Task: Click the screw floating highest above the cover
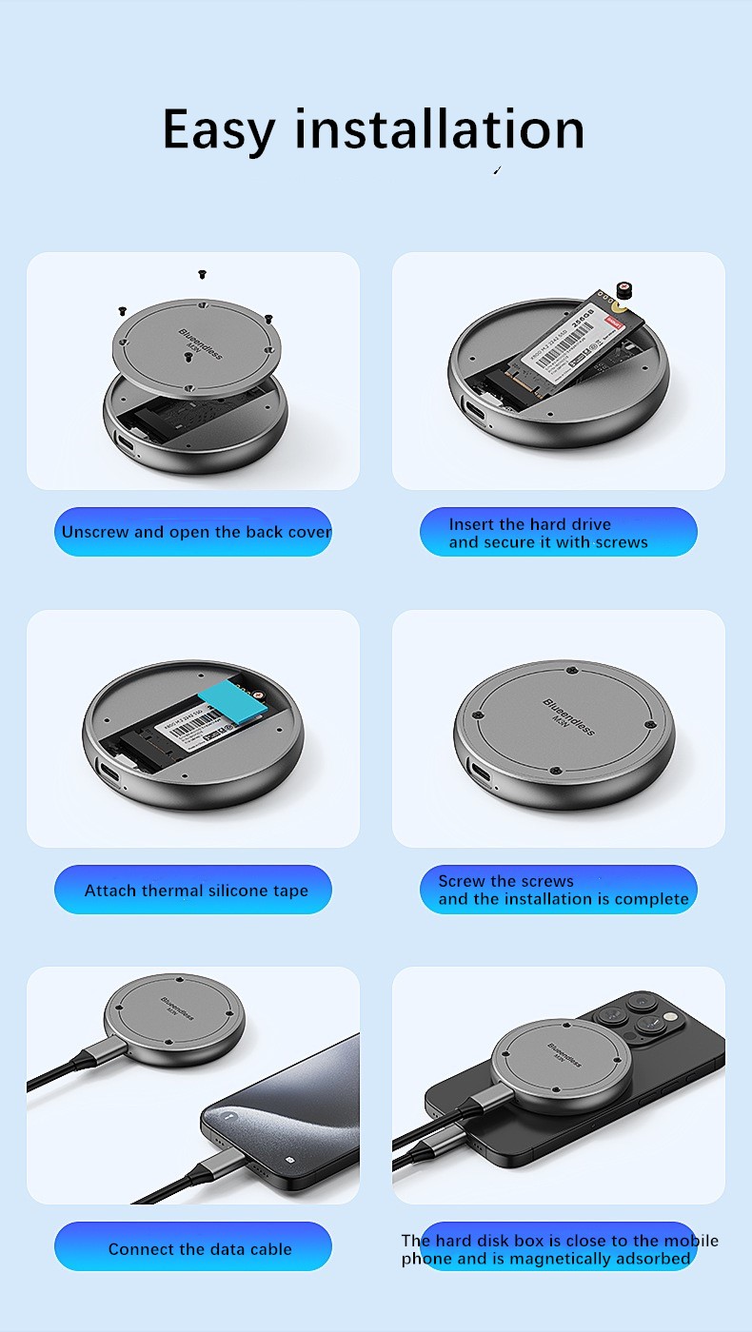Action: click(202, 275)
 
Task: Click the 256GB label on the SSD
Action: click(583, 316)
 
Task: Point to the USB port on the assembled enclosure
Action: click(481, 773)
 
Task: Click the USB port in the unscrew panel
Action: click(125, 443)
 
